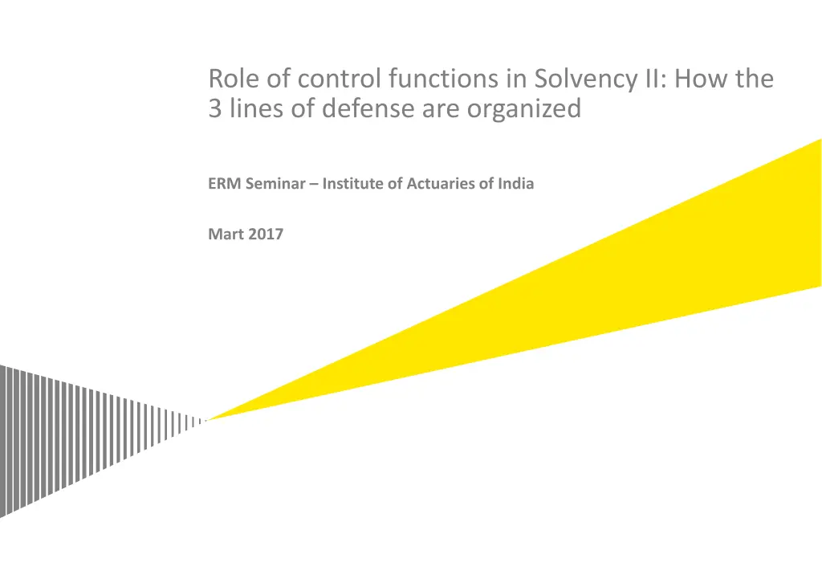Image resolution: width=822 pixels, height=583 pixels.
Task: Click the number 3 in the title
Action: click(x=214, y=108)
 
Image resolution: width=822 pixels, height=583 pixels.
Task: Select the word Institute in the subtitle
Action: click(x=354, y=183)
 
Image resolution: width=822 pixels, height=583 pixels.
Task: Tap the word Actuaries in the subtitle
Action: click(x=441, y=183)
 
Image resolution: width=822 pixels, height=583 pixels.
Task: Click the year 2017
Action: click(x=265, y=234)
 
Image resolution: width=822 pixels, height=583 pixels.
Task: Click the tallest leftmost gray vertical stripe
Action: click(x=2, y=442)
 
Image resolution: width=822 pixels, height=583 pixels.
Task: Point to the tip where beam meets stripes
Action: click(x=207, y=420)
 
